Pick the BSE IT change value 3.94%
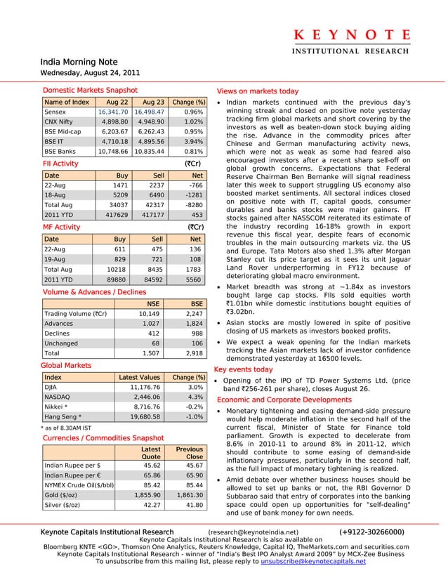point(192,140)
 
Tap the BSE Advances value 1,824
point(192,324)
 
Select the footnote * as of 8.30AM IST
point(67,427)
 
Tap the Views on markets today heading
point(258,91)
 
